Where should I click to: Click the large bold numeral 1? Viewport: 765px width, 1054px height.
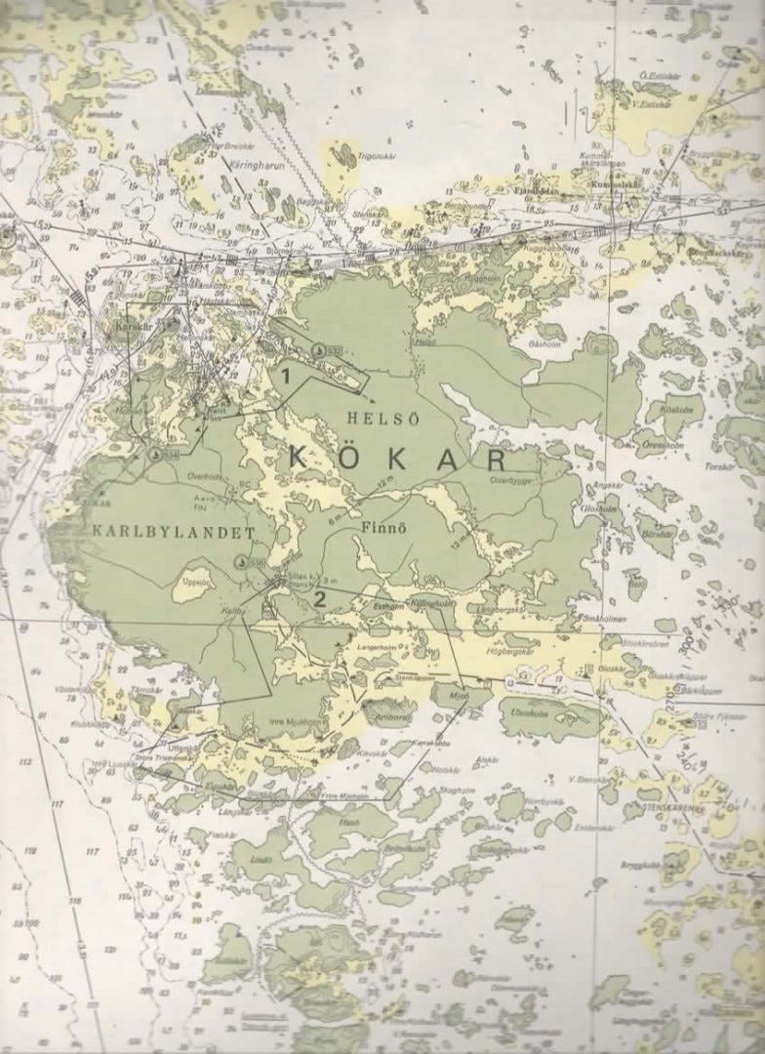286,374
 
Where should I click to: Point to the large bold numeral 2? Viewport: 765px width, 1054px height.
317,597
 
